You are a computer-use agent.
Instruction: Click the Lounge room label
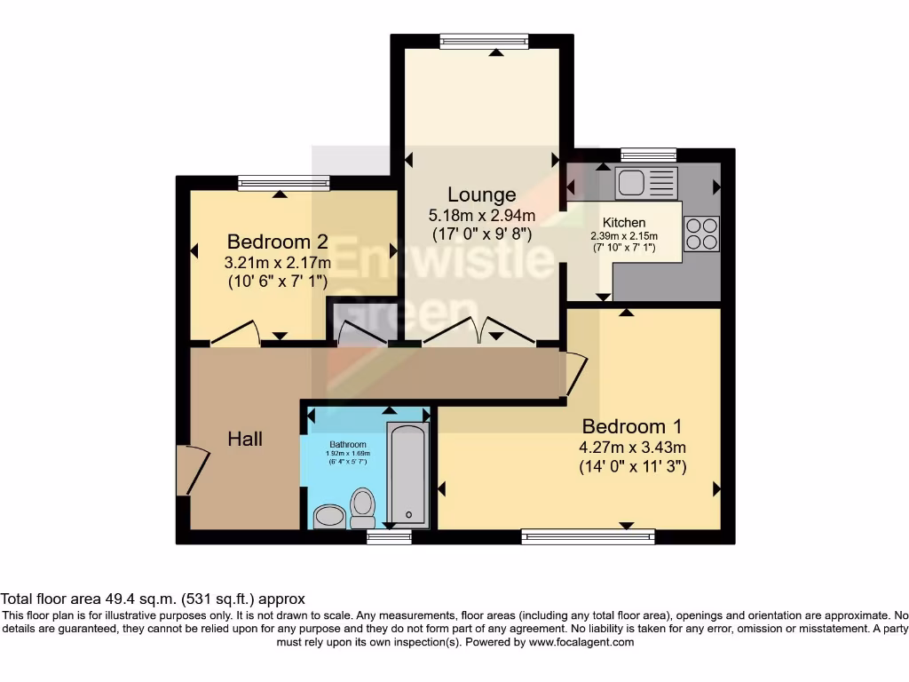pos(481,194)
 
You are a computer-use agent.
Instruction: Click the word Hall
pos(245,439)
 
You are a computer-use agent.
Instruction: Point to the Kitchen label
pos(624,222)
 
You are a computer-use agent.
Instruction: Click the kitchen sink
pos(646,183)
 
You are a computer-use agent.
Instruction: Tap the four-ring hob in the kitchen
pos(701,234)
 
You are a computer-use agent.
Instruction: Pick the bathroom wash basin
pos(330,516)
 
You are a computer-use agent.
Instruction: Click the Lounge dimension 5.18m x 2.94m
pos(482,215)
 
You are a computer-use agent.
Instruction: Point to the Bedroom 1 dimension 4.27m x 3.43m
pos(631,447)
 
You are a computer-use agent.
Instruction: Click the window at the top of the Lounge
pos(484,41)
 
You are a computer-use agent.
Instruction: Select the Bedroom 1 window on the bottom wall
pos(588,536)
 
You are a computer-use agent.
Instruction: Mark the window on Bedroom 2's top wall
pos(283,183)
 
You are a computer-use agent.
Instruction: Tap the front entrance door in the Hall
pos(191,470)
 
